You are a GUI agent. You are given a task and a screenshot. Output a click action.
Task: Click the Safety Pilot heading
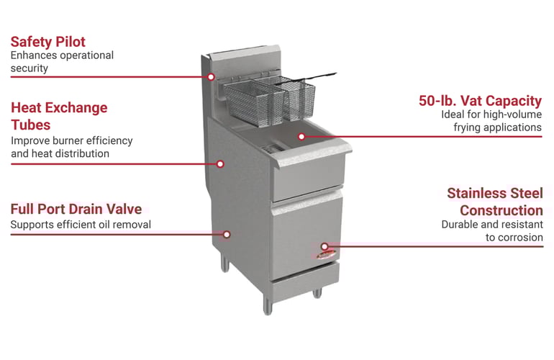[x=48, y=42]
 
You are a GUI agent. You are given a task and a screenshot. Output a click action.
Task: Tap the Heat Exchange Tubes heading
[x=59, y=116]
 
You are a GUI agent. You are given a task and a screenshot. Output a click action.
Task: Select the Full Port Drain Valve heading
[x=76, y=209]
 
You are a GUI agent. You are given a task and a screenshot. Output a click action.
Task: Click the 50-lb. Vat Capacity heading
[x=480, y=101]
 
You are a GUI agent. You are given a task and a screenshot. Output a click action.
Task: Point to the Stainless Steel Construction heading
[x=495, y=202]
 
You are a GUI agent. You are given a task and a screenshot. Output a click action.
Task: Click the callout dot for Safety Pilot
[x=211, y=77]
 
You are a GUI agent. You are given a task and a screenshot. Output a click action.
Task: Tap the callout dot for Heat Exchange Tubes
[x=220, y=164]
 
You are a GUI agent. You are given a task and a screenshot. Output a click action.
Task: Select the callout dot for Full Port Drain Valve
[x=227, y=235]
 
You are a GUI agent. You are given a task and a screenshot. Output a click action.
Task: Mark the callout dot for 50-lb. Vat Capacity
[x=301, y=137]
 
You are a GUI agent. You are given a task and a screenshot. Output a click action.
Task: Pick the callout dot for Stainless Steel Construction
[x=324, y=246]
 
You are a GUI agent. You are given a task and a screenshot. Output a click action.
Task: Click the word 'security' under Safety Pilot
[x=29, y=68]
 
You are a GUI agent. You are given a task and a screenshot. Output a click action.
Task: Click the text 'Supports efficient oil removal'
[x=81, y=225]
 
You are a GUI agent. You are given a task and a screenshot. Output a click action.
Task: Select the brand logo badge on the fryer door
[x=326, y=255]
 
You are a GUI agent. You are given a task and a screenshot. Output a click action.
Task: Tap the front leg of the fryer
[x=268, y=305]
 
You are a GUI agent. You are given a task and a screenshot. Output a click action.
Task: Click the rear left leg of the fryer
[x=224, y=263]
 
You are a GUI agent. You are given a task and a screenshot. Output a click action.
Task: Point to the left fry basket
[x=254, y=102]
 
